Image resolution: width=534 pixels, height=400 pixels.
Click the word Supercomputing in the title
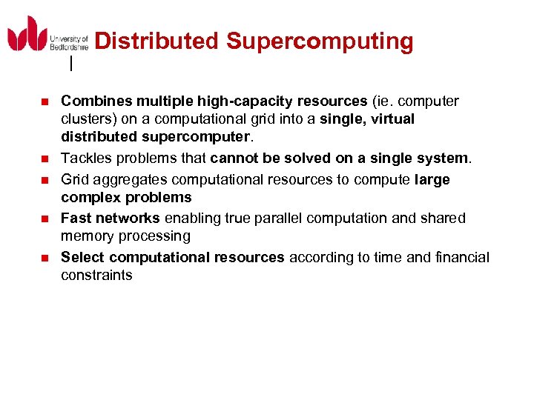coord(320,41)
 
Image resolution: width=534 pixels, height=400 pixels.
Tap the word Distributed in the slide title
coord(157,41)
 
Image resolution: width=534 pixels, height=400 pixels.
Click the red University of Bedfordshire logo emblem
coord(27,33)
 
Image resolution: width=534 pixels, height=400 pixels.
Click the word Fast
coord(76,218)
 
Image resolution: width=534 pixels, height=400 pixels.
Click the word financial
coord(461,257)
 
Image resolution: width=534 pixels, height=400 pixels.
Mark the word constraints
coord(96,276)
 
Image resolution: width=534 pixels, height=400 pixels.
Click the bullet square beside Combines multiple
coord(44,101)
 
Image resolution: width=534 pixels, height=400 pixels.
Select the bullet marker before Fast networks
coord(44,219)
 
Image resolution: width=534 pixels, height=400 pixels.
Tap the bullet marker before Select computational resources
coord(44,258)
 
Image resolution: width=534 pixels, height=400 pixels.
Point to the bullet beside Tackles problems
coord(44,159)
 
